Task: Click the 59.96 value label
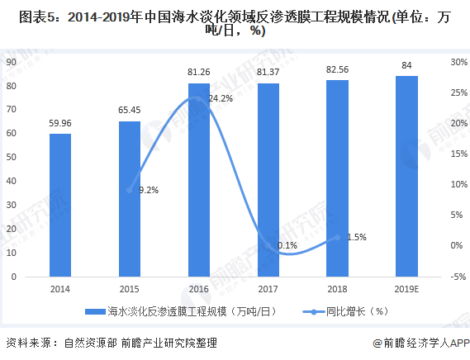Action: pos(59,124)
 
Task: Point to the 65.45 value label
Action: pos(129,111)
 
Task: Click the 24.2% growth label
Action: pos(220,98)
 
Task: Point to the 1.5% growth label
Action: pos(355,237)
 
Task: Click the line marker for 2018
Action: pos(337,237)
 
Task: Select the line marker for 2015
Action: pos(129,190)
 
